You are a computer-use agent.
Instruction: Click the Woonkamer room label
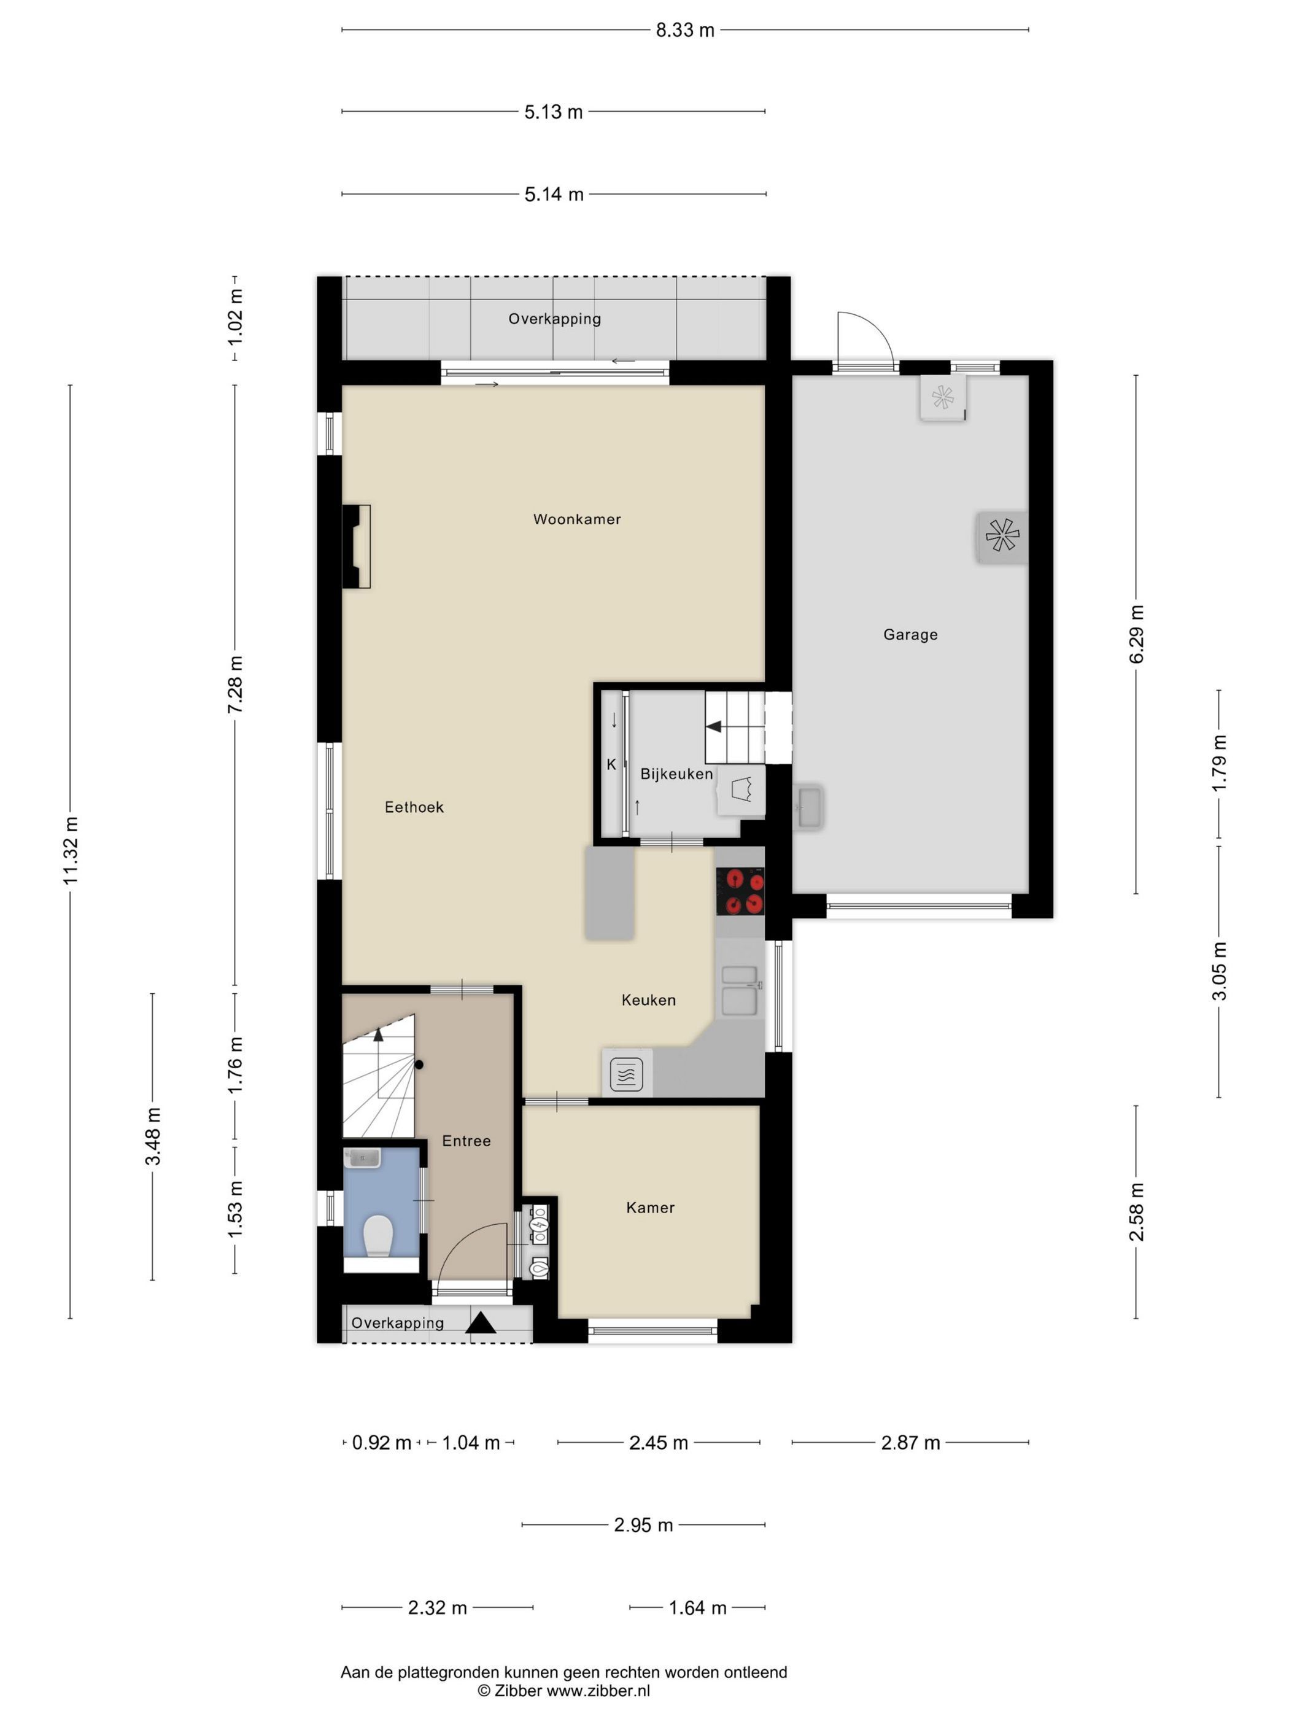coord(576,519)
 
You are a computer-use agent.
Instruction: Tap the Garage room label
coord(910,635)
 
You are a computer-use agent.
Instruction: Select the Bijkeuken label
coord(676,774)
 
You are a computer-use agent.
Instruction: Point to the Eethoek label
coord(414,807)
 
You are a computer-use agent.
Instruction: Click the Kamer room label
coord(650,1208)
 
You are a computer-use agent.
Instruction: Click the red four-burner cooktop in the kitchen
coord(740,891)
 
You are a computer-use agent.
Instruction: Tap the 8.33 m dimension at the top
coord(684,30)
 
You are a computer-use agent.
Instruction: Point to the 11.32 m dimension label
coord(71,851)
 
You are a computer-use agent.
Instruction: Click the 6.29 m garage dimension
coord(1136,634)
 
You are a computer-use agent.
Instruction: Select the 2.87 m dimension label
coord(910,1443)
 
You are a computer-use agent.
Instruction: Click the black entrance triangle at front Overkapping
coord(480,1322)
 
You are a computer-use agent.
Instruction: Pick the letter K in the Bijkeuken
coord(611,765)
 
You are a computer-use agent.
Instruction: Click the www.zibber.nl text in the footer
coord(598,1690)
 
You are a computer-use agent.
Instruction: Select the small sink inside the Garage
coord(809,807)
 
